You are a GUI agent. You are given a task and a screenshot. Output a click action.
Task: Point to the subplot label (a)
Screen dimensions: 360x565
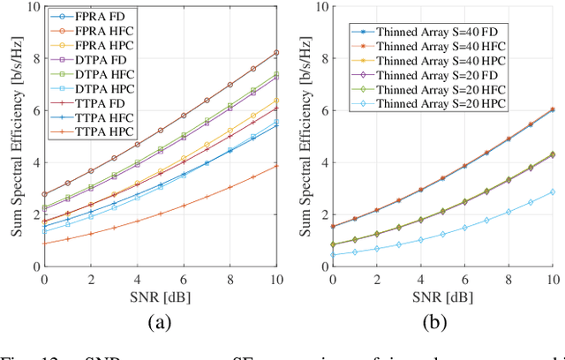(159, 322)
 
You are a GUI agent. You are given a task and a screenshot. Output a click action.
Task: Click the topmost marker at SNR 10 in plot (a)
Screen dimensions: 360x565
(277, 53)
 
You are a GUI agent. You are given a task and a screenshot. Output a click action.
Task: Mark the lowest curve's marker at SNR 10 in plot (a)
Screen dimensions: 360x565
(277, 166)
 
